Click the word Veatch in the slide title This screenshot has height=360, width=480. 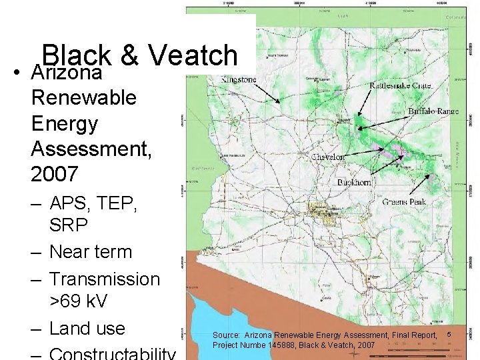(193, 56)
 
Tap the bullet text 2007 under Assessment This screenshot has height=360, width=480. (55, 174)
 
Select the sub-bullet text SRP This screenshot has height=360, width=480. (69, 225)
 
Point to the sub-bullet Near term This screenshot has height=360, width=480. (91, 252)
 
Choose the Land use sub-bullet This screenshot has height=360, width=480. (87, 328)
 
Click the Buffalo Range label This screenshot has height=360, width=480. (433, 111)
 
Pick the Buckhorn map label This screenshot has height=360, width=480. (354, 182)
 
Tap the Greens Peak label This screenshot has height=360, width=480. (403, 201)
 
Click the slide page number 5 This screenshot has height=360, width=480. (449, 333)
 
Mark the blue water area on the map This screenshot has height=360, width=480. (213, 313)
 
